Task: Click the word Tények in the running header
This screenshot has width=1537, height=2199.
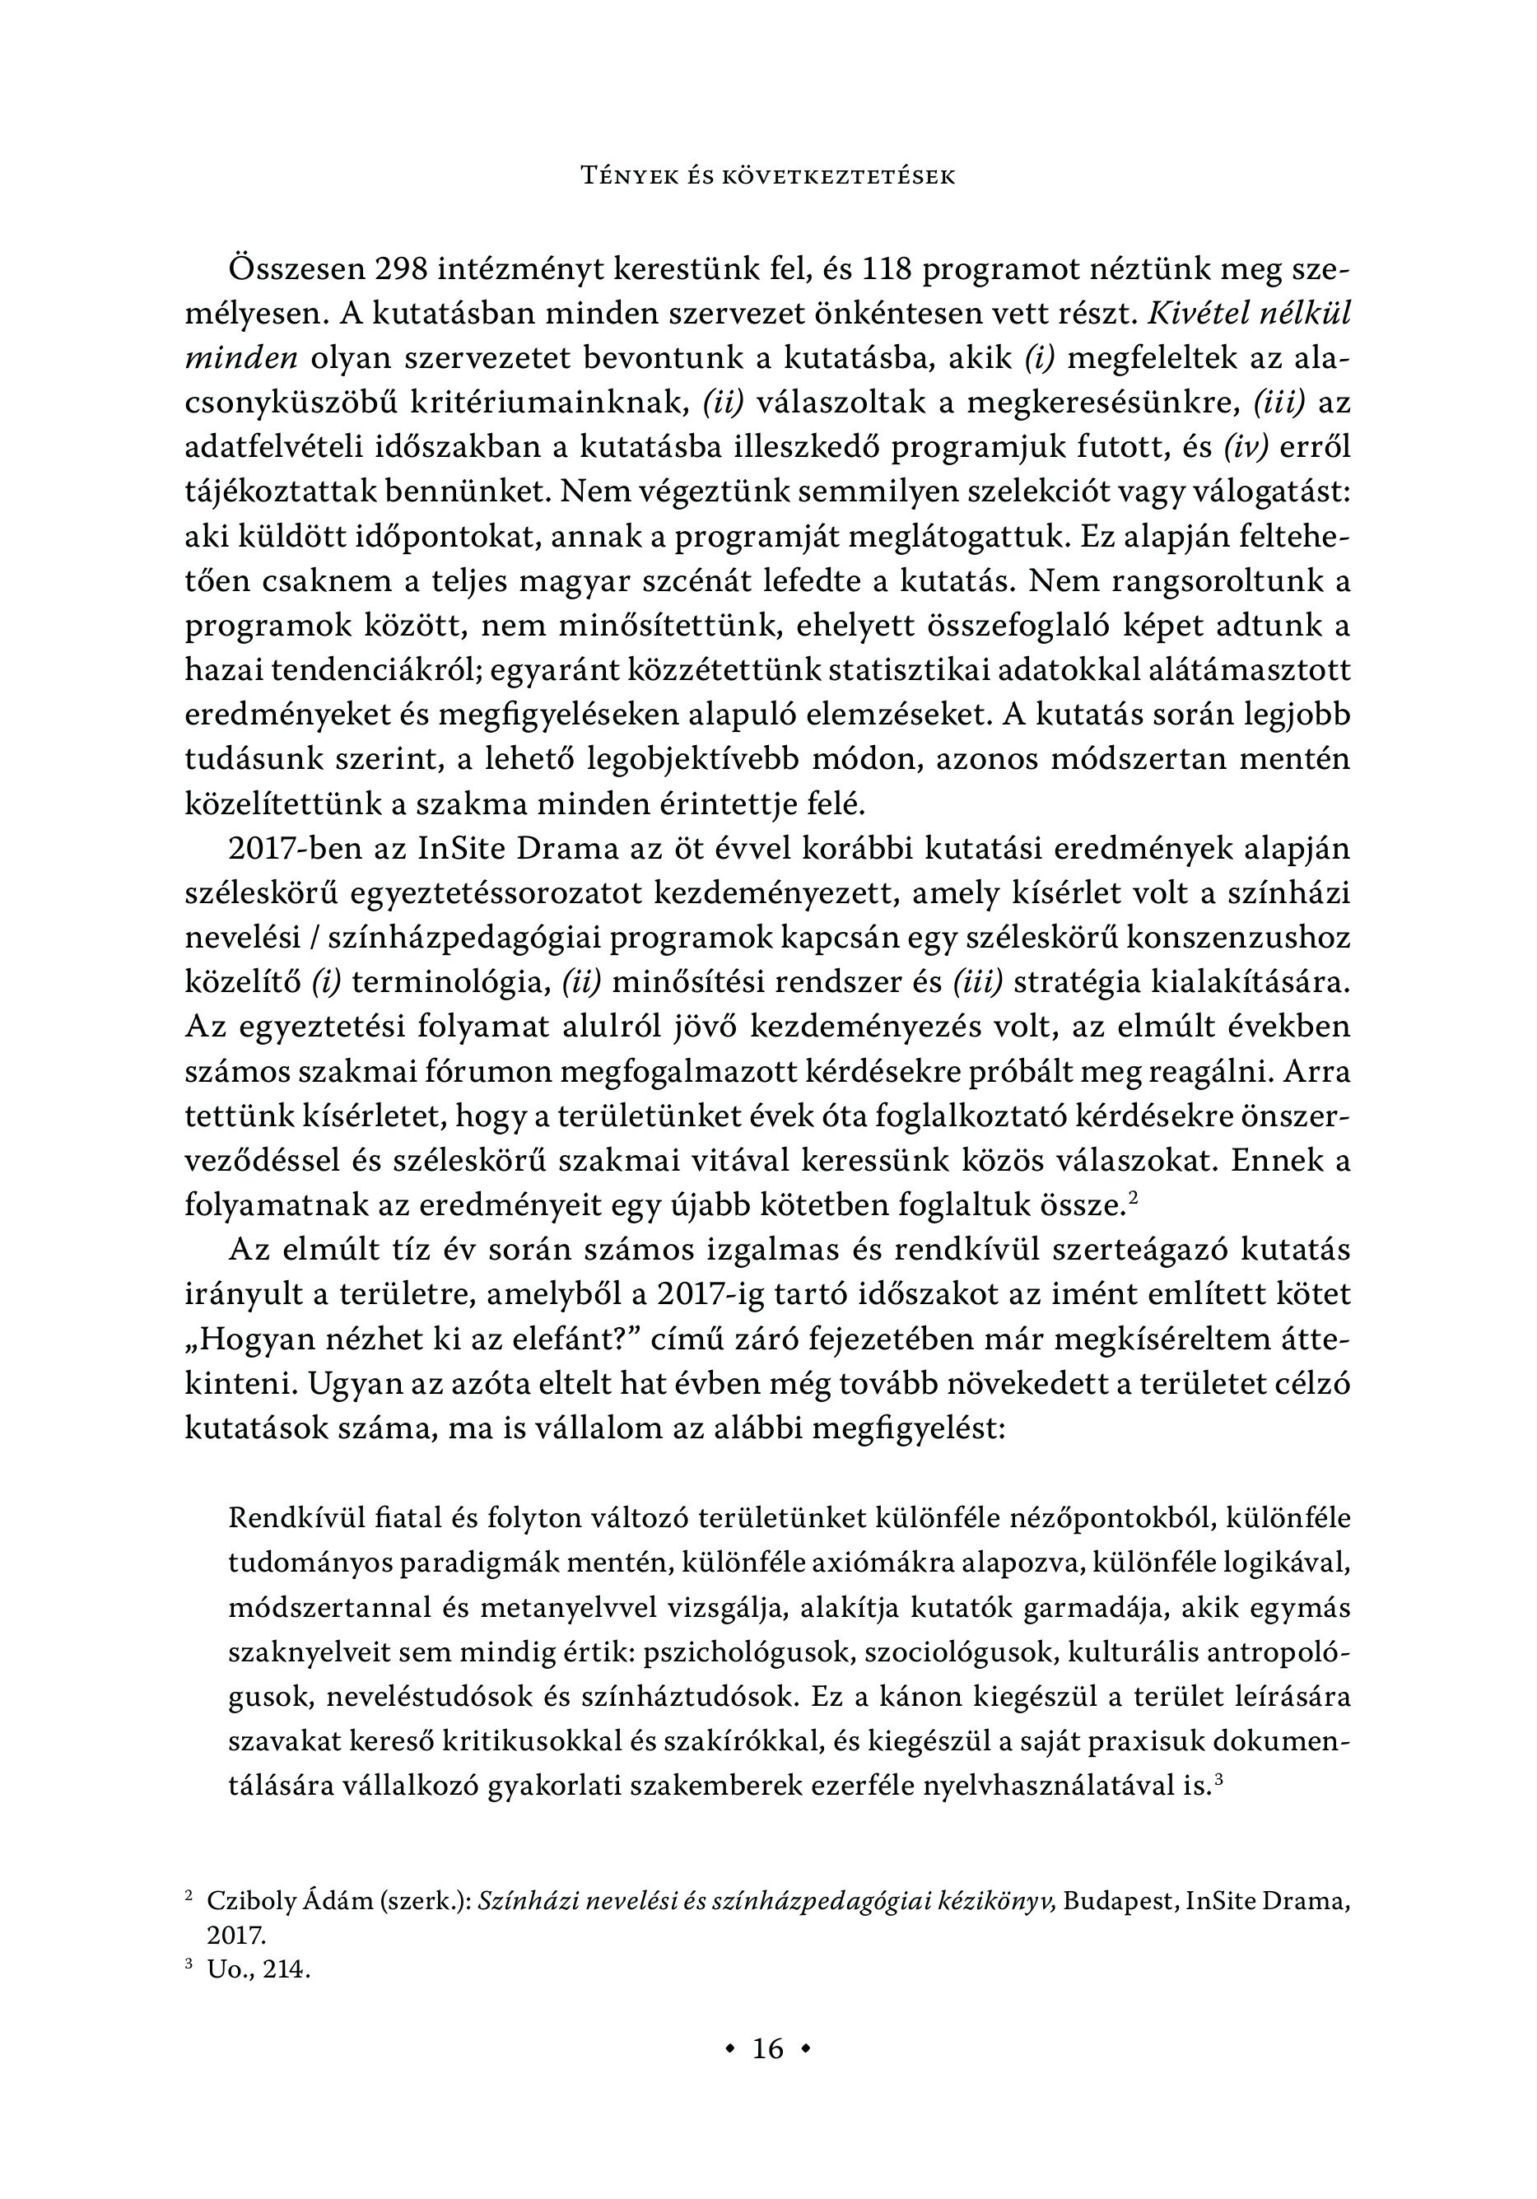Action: tap(624, 176)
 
